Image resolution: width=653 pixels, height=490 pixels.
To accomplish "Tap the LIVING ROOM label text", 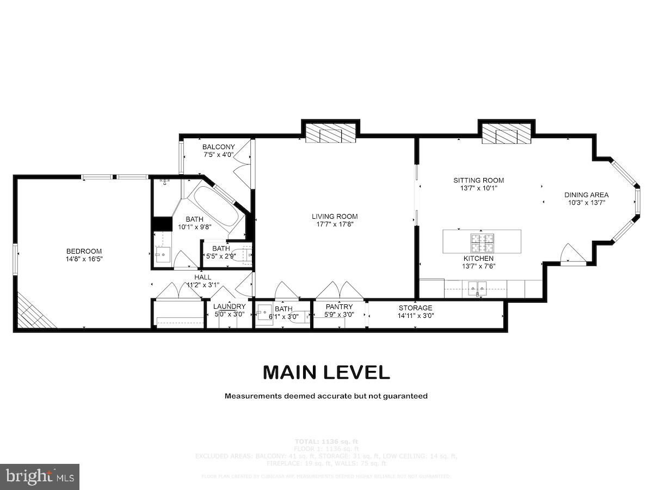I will (335, 216).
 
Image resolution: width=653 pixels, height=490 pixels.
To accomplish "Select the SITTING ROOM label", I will (479, 180).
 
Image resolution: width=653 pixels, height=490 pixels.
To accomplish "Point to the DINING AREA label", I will (586, 195).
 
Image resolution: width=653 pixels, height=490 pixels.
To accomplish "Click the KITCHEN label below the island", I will (478, 258).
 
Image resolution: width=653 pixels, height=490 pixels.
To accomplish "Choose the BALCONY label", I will (218, 147).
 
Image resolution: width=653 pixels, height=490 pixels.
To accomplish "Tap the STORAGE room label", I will (415, 308).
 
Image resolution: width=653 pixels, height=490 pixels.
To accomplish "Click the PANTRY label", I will (339, 307).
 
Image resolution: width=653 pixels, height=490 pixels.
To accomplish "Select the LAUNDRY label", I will (229, 307).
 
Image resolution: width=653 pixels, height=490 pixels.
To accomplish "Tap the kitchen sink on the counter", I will (477, 287).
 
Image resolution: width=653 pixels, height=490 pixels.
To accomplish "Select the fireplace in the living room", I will (331, 133).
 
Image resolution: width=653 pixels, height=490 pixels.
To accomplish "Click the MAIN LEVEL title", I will (326, 372).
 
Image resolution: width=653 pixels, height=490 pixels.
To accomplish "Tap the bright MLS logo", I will (40, 477).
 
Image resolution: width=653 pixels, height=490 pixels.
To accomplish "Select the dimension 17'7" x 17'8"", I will (335, 224).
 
